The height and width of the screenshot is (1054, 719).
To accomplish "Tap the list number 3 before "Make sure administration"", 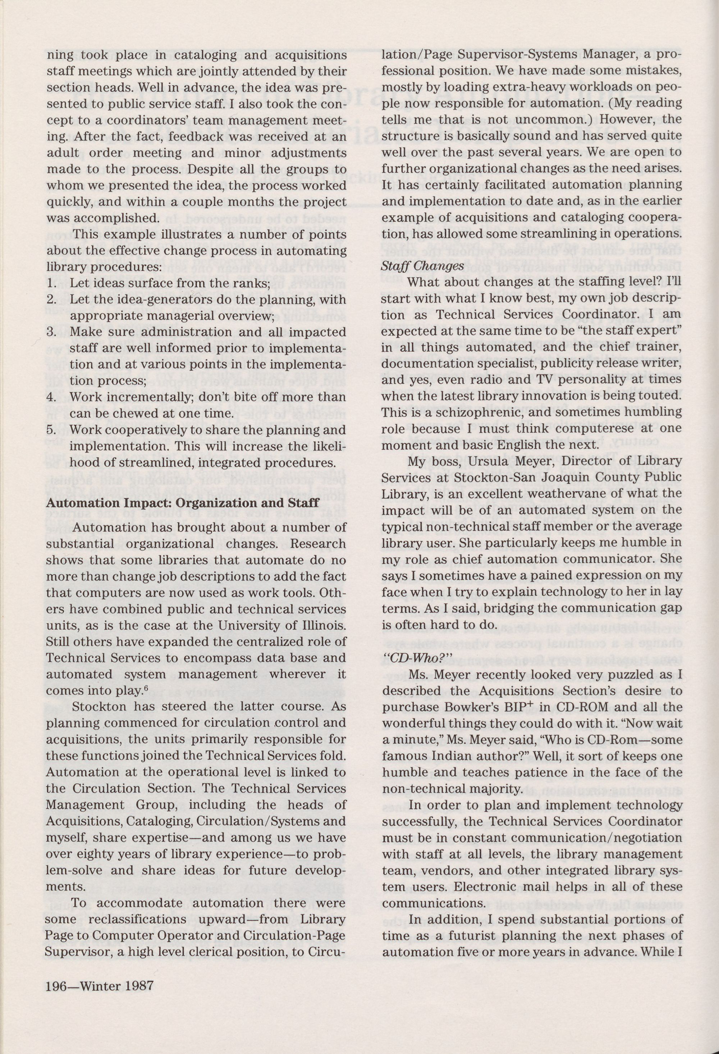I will click(51, 332).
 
